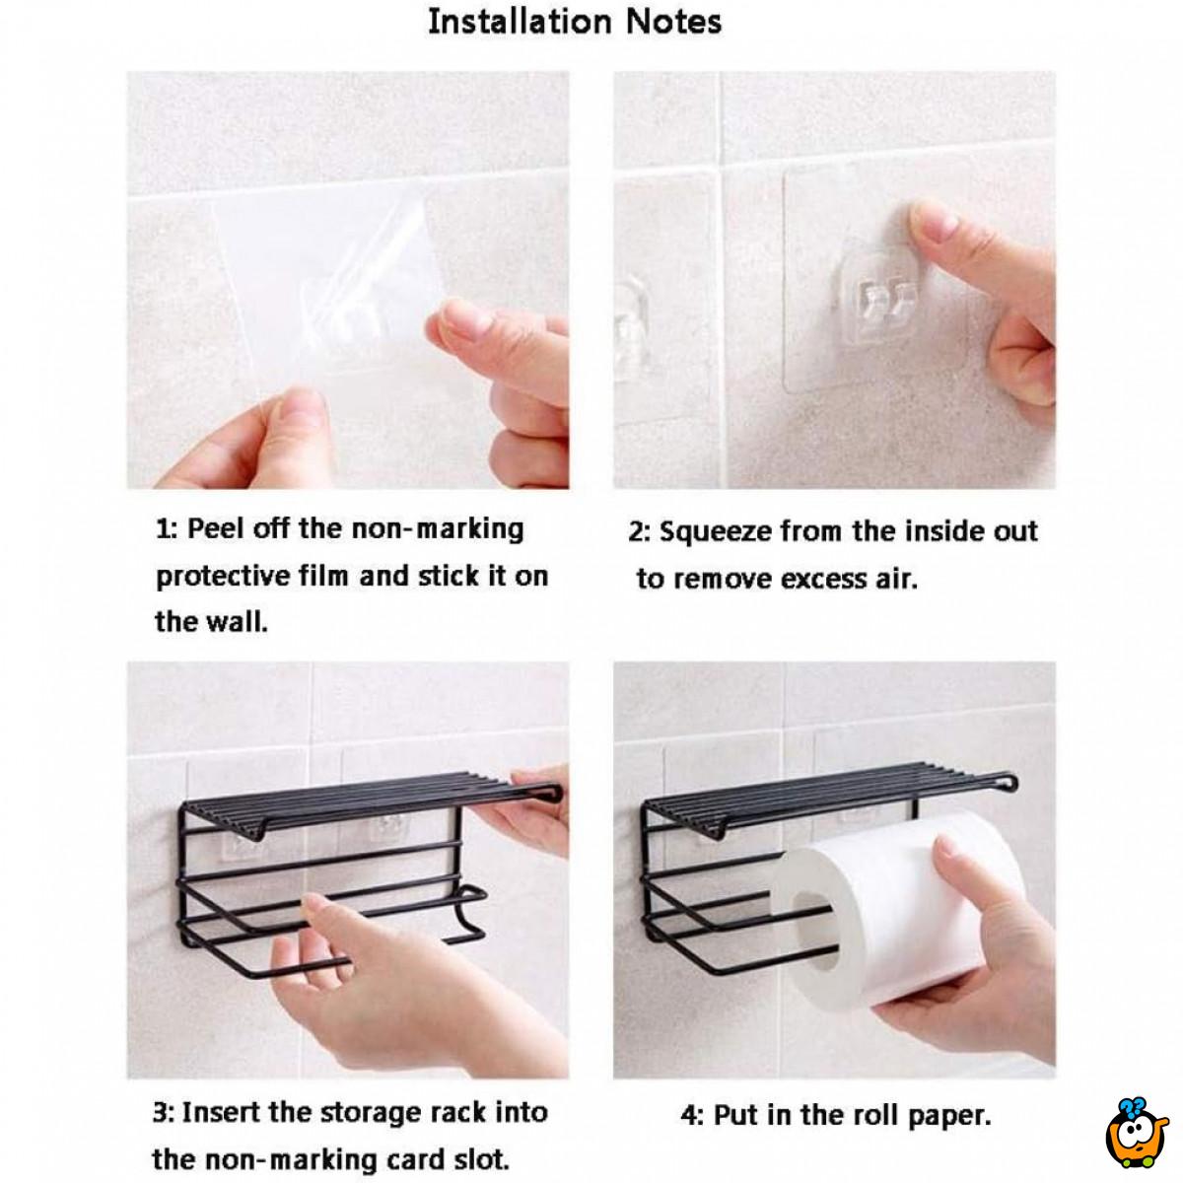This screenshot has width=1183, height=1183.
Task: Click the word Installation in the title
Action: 520,23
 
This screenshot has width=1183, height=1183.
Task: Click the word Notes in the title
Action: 673,23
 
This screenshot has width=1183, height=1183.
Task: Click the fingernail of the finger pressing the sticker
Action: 933,220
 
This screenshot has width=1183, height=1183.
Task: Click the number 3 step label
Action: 162,1112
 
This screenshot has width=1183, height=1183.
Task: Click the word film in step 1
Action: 323,576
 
